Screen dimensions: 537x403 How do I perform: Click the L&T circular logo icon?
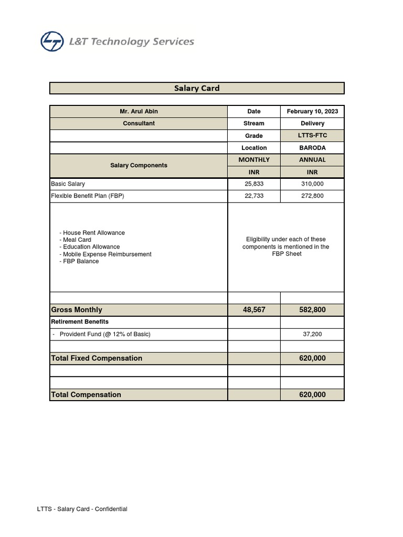[x=52, y=41]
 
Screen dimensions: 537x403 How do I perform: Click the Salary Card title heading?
[x=197, y=88]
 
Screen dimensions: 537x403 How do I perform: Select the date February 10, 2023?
[x=312, y=111]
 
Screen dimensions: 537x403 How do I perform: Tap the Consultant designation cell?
[x=139, y=123]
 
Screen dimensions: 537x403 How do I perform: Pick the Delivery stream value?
[x=312, y=123]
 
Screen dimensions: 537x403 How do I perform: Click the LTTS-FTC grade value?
[x=312, y=135]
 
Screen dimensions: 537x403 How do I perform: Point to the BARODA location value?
[x=312, y=148]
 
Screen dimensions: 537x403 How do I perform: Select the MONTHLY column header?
[x=254, y=159]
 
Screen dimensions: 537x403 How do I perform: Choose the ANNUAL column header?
[x=312, y=159]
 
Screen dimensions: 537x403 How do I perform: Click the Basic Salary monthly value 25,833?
[x=254, y=184]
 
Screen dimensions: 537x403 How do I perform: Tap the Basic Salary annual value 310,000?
[x=312, y=184]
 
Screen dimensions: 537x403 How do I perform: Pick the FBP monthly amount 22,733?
[x=254, y=196]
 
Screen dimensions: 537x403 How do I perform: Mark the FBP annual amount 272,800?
[x=312, y=196]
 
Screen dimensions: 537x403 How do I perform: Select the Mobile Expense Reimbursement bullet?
[x=105, y=254]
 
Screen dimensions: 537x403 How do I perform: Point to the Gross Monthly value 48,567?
[x=254, y=310]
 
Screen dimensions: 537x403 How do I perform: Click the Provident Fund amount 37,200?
[x=312, y=334]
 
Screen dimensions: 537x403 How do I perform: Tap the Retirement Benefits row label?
[x=80, y=321]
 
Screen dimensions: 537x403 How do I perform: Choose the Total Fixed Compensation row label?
[x=97, y=358]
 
